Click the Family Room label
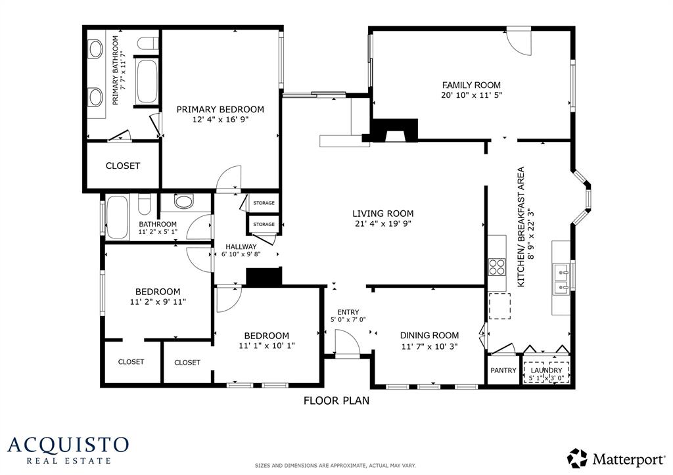click(471, 85)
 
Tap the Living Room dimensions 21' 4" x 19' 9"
click(383, 223)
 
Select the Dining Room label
click(429, 336)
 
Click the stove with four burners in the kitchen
click(498, 267)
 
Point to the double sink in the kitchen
click(561, 279)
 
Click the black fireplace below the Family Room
click(394, 131)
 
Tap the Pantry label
click(503, 370)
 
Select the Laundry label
click(546, 370)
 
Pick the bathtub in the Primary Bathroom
click(147, 81)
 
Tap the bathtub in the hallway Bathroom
click(117, 217)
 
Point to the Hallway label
click(241, 247)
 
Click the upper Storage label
click(264, 203)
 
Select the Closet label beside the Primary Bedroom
click(123, 166)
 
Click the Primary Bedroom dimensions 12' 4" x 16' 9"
click(221, 120)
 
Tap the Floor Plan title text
click(336, 401)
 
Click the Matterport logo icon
click(577, 459)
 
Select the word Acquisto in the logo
click(68, 445)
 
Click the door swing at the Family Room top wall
click(519, 42)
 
